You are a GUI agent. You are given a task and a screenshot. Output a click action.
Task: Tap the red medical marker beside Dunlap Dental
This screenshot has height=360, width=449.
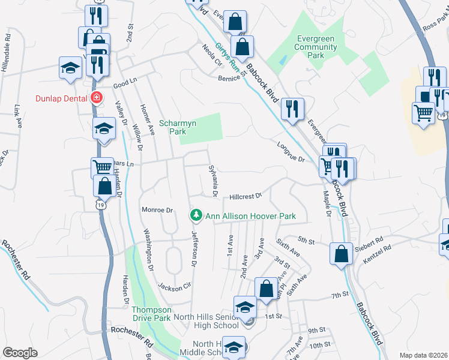coord(95,98)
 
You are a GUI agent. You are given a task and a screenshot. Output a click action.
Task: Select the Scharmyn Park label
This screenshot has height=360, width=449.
coord(174,127)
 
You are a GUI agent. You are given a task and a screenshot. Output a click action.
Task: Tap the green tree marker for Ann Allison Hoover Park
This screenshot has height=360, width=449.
coord(196,215)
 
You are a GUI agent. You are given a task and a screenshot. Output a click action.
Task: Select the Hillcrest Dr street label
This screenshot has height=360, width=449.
coord(246,196)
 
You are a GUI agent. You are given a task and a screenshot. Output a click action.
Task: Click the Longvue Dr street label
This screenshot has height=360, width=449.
coord(291,151)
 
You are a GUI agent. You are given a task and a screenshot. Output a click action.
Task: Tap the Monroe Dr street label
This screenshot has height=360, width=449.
coord(157,210)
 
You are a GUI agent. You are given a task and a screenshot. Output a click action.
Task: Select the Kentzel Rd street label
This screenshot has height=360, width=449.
coord(376,253)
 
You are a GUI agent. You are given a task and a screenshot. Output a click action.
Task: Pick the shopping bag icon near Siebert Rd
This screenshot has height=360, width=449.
coord(341,253)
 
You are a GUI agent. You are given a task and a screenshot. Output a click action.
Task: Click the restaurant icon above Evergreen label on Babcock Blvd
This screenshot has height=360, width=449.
coord(292,108)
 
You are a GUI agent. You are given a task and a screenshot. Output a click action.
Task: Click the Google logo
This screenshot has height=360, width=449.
coord(20,353)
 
